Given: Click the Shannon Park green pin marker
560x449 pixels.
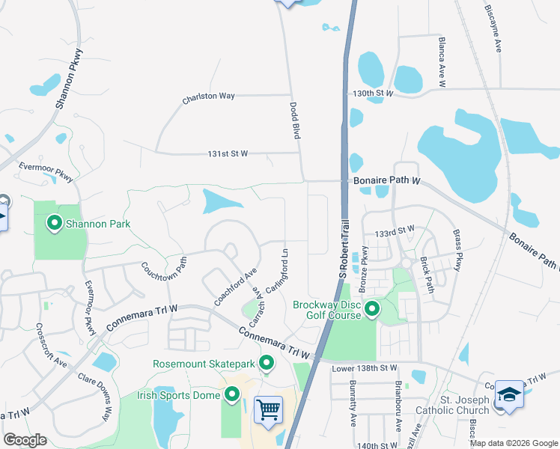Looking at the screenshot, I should coord(54,222).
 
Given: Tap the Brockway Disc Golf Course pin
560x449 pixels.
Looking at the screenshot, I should coord(371,308).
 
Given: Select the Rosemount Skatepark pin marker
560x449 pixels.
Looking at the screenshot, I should coord(267,364).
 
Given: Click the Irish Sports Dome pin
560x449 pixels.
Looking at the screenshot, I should coord(232,394).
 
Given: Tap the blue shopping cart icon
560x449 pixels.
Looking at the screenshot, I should coord(268,409).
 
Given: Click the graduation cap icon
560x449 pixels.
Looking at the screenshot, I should coord(508,394).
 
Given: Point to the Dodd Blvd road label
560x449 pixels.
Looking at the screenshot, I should coord(295,120).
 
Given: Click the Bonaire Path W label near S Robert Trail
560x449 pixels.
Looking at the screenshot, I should coord(386,181).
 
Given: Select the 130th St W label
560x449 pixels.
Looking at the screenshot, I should coord(374,93).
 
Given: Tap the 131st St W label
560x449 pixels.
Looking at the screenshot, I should coord(228,153).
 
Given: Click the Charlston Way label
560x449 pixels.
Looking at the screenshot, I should coord(209,97).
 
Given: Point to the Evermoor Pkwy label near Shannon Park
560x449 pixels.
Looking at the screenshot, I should coord(46,173).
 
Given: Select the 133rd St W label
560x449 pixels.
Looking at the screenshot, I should coord(395,232).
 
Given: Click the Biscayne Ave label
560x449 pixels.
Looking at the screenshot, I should coord(493,29).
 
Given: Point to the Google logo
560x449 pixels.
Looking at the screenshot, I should coord(25,439).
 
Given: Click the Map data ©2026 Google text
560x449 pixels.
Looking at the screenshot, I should coord(514,443).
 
